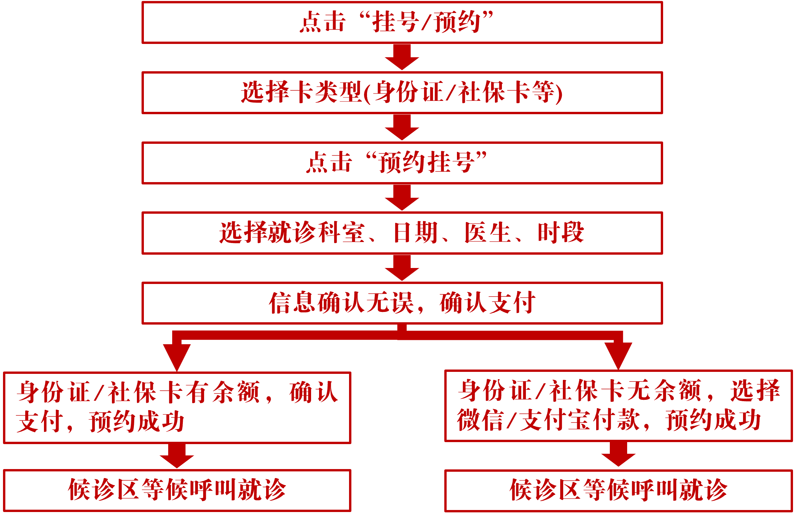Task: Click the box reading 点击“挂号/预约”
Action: (402, 23)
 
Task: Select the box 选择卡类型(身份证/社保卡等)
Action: (402, 93)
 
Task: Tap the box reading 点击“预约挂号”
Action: (402, 163)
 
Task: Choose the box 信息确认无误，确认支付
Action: (402, 303)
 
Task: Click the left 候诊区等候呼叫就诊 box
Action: (177, 490)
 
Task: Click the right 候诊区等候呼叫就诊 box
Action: (618, 490)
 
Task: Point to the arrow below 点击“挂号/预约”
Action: (402, 58)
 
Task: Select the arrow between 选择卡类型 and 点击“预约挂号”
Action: (402, 128)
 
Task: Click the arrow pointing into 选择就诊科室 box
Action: (402, 198)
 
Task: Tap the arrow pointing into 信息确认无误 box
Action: (402, 268)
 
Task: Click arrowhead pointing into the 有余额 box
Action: (177, 356)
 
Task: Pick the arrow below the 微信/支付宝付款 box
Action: (618, 454)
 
